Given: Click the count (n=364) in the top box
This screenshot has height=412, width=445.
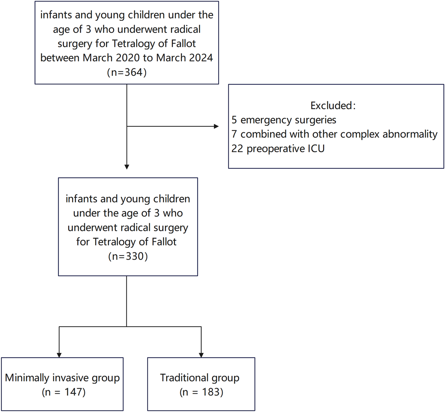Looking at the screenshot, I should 127,72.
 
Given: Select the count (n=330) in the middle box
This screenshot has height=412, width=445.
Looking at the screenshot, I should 128,256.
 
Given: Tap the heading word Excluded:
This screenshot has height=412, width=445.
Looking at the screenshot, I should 333,105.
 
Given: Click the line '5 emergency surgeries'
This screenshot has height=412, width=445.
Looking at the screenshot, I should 284,120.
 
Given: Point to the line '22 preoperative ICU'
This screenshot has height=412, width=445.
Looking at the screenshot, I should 278,148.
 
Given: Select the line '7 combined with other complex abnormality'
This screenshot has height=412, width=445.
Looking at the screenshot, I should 334,134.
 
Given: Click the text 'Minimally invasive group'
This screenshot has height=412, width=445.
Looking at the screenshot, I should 62,378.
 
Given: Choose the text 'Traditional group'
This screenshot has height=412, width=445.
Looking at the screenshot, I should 200,378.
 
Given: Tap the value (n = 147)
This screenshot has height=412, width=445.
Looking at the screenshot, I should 63,392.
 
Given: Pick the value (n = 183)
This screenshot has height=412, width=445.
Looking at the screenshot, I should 201,392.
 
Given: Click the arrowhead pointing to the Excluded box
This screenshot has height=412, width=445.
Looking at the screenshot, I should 216,126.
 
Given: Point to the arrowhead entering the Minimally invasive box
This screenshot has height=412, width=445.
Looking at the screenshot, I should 59,355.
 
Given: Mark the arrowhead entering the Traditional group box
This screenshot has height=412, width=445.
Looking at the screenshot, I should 201,355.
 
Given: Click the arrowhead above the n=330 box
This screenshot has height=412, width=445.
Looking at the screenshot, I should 127,167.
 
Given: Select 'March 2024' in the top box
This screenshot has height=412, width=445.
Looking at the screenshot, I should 185,58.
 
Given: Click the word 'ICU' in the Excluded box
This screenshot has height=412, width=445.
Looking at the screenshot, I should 316,148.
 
